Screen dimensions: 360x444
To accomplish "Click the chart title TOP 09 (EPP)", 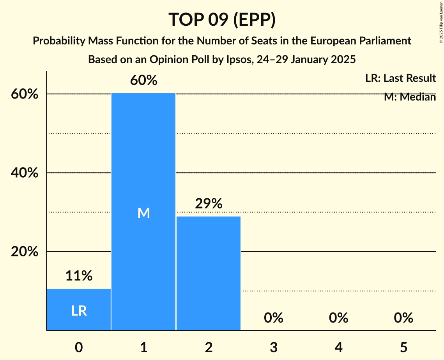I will (x=222, y=19).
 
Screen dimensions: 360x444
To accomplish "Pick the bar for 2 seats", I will (x=209, y=273).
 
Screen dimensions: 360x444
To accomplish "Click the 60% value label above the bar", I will (x=143, y=80).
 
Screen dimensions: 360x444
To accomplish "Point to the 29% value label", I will (x=209, y=203).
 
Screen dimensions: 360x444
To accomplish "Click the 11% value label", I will (x=79, y=276).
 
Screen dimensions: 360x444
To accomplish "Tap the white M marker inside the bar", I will (x=143, y=213).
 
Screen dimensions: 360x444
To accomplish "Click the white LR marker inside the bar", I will (x=79, y=311).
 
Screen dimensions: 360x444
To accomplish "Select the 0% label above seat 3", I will (x=273, y=318).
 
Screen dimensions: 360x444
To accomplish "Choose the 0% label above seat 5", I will (x=403, y=318).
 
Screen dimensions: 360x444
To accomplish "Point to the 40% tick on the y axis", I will (x=25, y=173).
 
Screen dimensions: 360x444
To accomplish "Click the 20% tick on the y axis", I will (x=25, y=252).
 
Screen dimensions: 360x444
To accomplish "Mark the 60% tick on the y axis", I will (x=25, y=94).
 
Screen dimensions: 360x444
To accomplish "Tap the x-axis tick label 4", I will (x=338, y=347).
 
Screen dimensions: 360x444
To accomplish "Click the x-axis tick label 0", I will (x=79, y=347).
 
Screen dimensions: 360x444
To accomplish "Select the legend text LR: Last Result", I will (x=400, y=78).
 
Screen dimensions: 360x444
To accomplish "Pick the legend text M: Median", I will (x=409, y=97).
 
